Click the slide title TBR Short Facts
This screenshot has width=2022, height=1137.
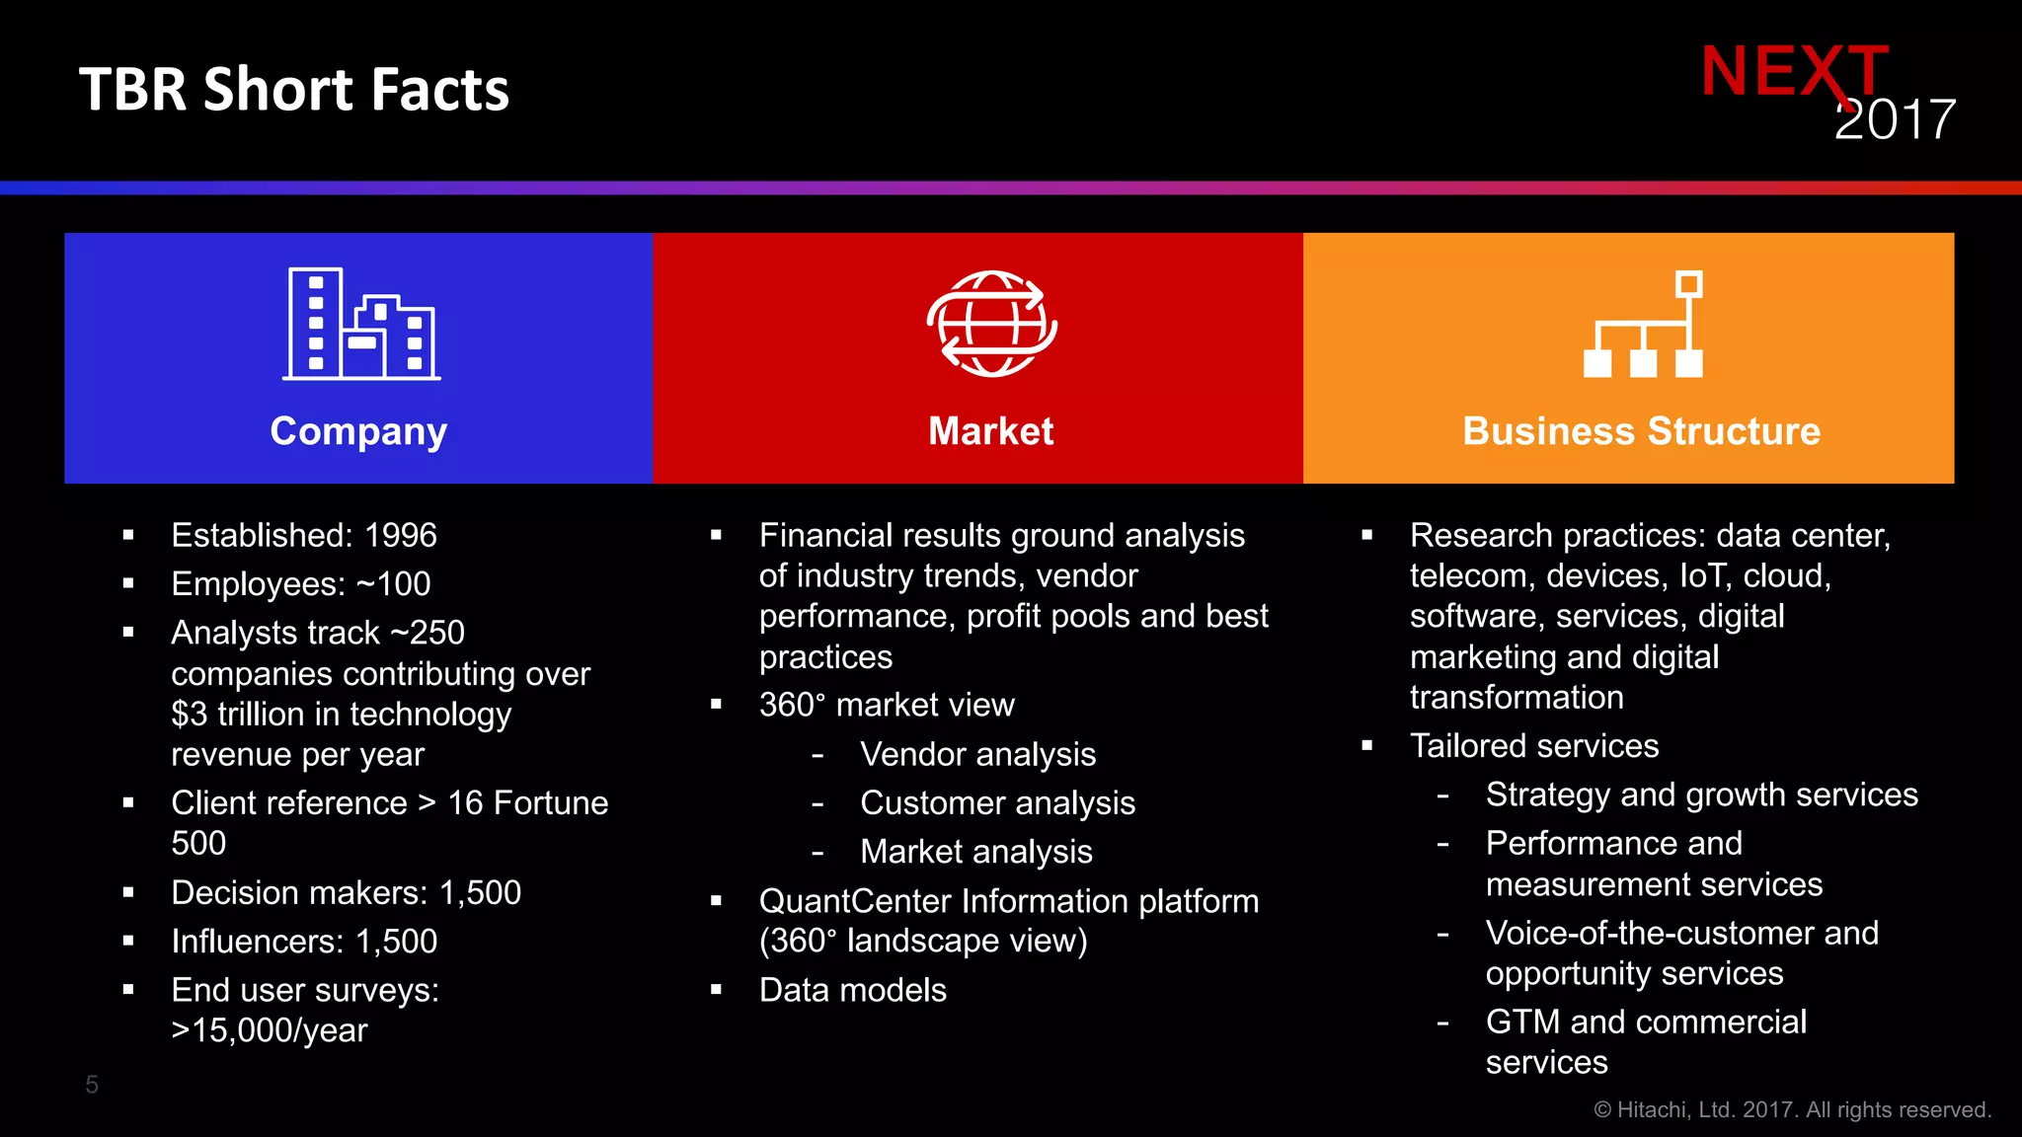(293, 90)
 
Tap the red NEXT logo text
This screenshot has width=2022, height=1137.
(1793, 71)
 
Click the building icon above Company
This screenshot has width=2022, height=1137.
(360, 324)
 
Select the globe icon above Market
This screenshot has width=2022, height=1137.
(991, 324)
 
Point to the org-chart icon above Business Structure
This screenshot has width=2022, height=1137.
(1643, 325)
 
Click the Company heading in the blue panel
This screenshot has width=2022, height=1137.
(358, 431)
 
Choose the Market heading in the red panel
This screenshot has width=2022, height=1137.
(991, 431)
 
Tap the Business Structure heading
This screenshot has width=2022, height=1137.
(1641, 431)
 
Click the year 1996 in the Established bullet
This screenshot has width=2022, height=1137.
(400, 535)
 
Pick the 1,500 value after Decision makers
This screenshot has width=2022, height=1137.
(480, 893)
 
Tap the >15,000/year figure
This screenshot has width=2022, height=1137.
(269, 1030)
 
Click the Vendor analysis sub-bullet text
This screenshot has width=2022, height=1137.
(977, 755)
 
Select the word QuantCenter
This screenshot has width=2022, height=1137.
(855, 901)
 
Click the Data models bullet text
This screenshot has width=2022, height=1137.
(852, 990)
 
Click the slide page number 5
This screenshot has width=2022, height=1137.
(92, 1085)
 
